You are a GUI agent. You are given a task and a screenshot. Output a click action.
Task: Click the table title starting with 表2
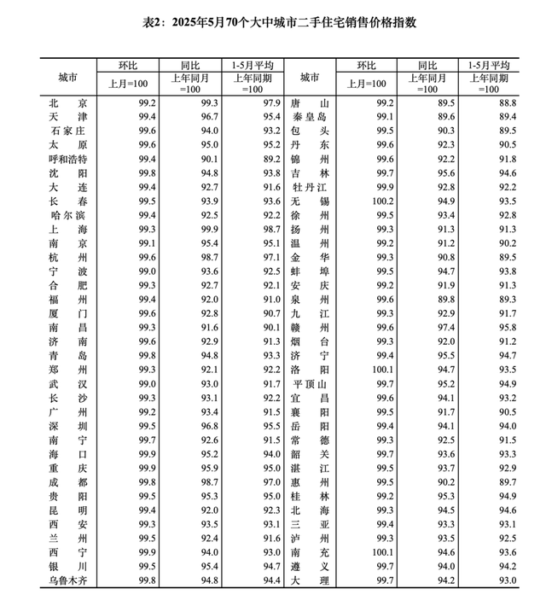point(272,20)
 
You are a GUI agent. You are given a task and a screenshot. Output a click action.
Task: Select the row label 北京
point(68,102)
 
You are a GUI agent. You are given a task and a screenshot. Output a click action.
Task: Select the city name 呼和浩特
point(68,158)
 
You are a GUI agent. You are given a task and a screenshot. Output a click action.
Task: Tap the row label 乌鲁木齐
point(68,580)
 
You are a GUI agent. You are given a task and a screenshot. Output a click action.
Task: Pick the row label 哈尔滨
point(68,214)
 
